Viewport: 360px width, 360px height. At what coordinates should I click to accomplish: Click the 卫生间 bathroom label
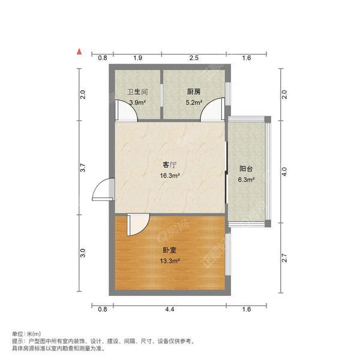click(x=137, y=92)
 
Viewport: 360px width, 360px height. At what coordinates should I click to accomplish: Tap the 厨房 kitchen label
click(x=193, y=92)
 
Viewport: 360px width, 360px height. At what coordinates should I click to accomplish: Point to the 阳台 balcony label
click(x=246, y=169)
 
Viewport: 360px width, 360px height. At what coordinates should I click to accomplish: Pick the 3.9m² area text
click(x=137, y=103)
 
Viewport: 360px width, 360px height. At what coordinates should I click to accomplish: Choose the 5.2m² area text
click(x=193, y=103)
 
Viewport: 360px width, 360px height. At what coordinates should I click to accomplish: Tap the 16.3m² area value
click(x=170, y=176)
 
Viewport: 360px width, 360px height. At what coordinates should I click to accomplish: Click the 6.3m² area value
click(x=246, y=179)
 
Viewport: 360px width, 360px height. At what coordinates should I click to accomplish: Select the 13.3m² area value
click(x=170, y=261)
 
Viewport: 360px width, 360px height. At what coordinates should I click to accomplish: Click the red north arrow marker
click(x=78, y=52)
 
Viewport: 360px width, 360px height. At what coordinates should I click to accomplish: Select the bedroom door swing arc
click(x=137, y=224)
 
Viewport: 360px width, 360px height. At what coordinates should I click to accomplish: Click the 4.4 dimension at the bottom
click(x=170, y=310)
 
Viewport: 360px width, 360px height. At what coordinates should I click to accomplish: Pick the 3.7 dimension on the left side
click(x=83, y=170)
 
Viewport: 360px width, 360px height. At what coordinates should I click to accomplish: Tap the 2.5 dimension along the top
click(x=193, y=58)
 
